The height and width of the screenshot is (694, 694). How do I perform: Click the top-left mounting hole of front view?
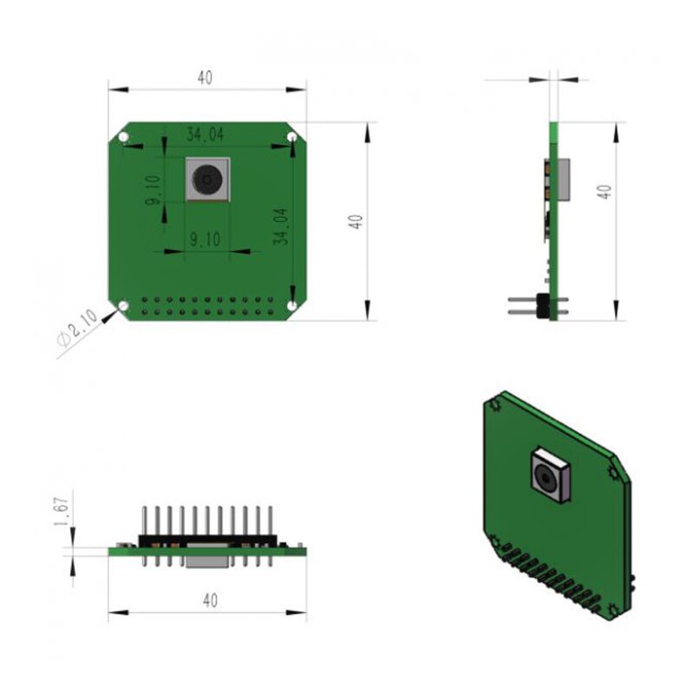coord(123,138)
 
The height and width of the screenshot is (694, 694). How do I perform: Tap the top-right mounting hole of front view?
coord(292,137)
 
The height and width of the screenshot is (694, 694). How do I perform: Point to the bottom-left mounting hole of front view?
coord(123,305)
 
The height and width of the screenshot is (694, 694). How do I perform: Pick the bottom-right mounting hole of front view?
coord(292,305)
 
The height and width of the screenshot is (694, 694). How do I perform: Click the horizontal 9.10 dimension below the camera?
coord(204,240)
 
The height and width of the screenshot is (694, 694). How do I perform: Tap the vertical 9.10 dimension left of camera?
coord(154,189)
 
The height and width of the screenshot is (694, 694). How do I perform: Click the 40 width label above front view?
coord(204,77)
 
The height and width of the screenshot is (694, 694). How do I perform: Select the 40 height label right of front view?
coord(354,220)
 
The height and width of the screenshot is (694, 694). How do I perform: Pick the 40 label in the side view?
coord(605,192)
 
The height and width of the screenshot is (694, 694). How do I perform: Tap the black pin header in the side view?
coord(543,306)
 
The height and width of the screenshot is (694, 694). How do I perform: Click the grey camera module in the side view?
coord(563,180)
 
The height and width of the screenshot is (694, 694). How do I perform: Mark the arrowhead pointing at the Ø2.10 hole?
coord(110,316)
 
